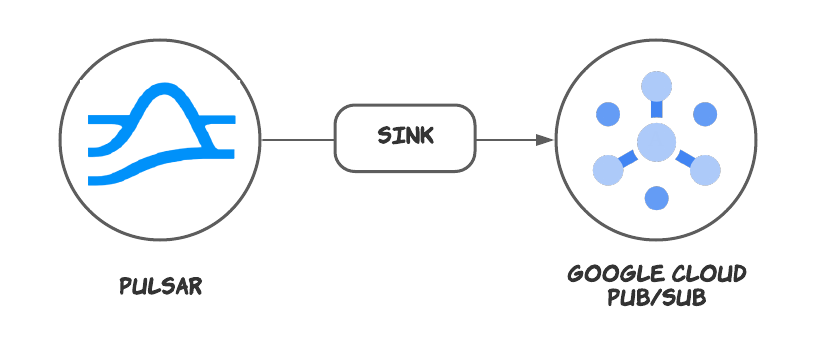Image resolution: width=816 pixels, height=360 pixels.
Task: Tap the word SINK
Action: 405,136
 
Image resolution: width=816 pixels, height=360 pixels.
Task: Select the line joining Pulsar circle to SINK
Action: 297,140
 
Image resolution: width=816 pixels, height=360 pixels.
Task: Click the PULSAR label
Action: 160,286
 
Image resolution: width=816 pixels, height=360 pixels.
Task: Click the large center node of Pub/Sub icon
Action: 656,141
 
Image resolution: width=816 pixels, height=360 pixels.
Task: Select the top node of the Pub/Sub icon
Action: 656,86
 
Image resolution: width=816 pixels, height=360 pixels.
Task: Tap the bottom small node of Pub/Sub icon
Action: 656,197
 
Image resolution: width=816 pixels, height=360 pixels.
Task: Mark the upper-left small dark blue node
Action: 608,114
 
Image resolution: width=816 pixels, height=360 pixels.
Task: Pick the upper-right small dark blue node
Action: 705,114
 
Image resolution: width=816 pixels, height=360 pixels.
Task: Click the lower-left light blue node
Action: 608,170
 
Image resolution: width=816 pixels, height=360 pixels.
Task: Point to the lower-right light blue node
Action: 705,170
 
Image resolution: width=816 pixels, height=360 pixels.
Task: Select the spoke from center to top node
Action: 656,109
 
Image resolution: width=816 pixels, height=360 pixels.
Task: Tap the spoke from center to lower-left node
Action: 630,156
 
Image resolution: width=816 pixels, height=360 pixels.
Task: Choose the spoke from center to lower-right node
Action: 683,156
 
